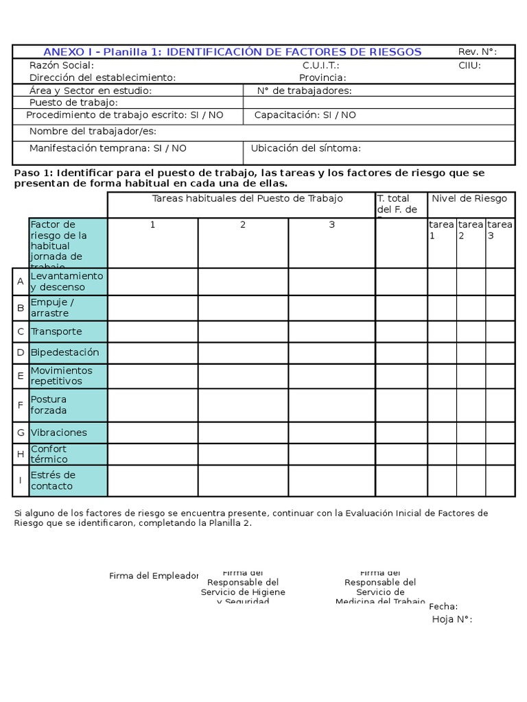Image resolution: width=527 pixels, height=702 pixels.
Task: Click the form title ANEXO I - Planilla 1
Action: [232, 52]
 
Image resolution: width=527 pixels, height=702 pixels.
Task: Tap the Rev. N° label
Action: [477, 52]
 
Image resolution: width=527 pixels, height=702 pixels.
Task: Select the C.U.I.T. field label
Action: [321, 65]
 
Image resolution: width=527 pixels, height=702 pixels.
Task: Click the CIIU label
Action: [469, 65]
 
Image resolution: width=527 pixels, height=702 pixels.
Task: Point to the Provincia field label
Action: [323, 77]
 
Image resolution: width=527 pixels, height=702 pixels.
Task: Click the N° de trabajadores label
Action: [304, 90]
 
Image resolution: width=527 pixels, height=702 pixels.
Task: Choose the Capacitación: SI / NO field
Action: [305, 115]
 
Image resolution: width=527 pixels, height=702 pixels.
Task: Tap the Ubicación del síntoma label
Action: [305, 148]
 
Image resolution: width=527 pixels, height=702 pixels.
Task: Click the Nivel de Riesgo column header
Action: [469, 198]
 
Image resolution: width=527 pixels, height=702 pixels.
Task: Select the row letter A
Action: [21, 281]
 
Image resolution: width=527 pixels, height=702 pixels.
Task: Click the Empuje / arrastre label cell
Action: [68, 307]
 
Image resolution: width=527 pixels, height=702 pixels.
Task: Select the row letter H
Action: [21, 454]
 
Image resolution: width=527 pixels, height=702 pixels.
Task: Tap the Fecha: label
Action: [443, 606]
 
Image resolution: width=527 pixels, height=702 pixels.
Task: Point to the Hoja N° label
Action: [452, 619]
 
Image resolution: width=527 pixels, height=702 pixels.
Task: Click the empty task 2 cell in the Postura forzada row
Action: [243, 405]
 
